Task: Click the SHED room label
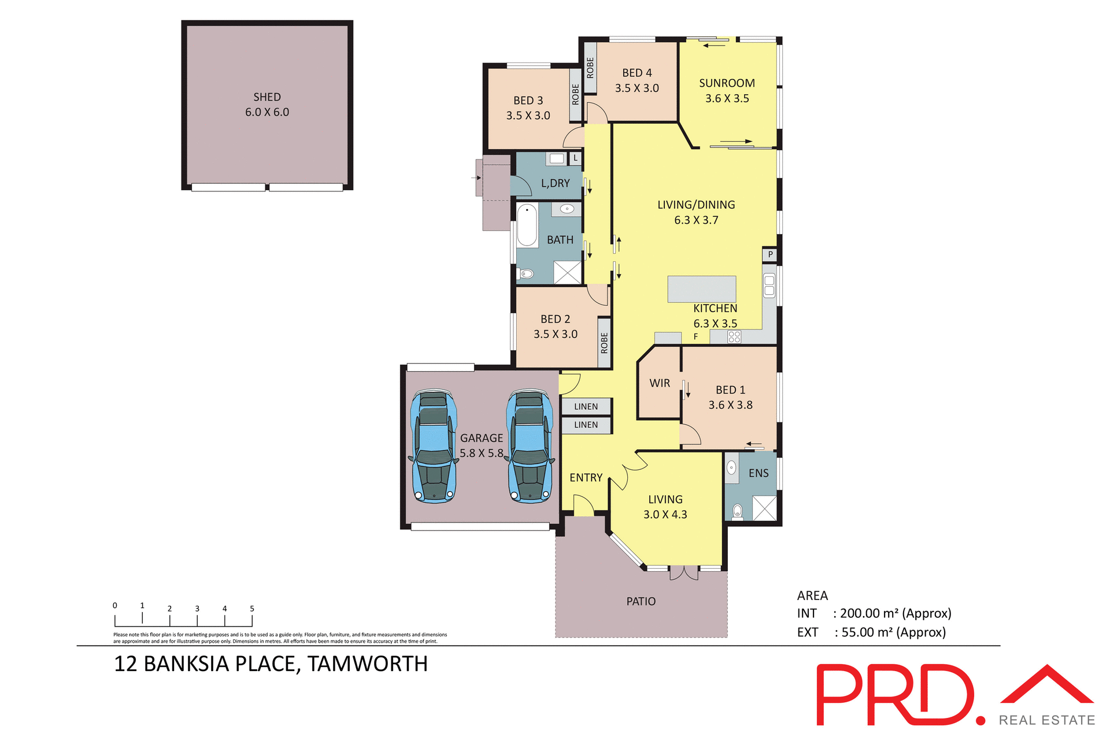click(267, 97)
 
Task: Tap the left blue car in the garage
click(433, 446)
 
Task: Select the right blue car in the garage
click(529, 446)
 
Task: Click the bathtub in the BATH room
click(527, 225)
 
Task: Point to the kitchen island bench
click(701, 289)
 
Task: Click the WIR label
click(659, 383)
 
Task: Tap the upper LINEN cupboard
click(586, 406)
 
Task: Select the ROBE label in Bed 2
click(604, 343)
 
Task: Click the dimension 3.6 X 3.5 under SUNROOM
click(727, 99)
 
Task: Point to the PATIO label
click(641, 602)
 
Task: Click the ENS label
click(758, 473)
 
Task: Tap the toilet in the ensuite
click(737, 511)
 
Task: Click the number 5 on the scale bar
click(252, 609)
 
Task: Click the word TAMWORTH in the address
click(367, 664)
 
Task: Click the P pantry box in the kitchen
click(770, 254)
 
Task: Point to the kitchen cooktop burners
click(734, 337)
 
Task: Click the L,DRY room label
click(555, 183)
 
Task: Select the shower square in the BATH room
click(567, 272)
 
